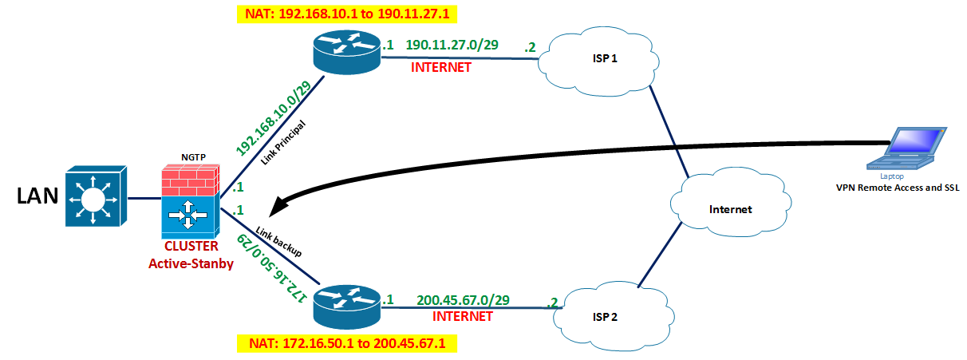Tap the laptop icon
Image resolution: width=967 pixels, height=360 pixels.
coord(909,147)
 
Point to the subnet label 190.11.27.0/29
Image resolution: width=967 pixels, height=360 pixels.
coord(452,46)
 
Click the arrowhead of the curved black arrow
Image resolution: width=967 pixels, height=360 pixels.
coord(276,208)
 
